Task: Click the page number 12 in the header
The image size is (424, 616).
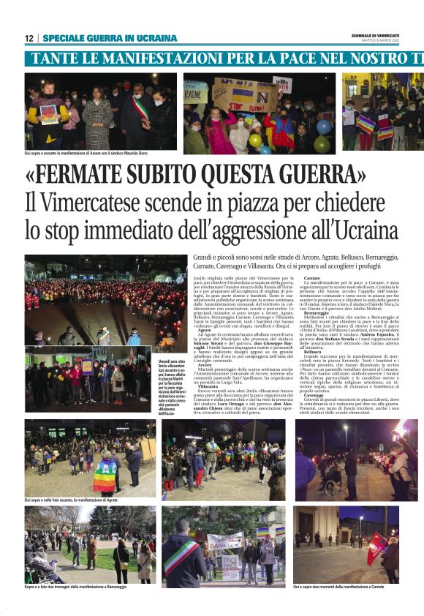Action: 29,38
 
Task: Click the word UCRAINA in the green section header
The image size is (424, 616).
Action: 154,38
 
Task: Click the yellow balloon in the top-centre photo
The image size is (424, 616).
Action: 255,140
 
